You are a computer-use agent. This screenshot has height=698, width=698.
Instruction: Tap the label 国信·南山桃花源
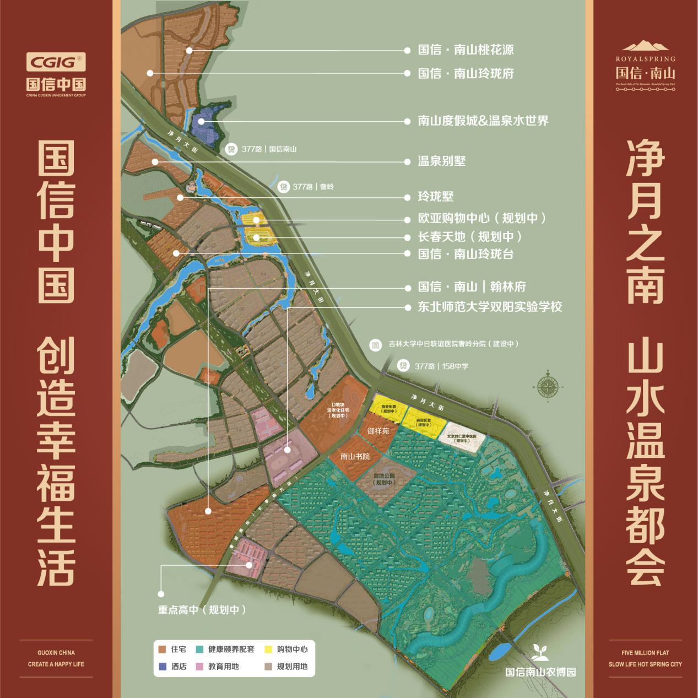pyautogui.click(x=466, y=50)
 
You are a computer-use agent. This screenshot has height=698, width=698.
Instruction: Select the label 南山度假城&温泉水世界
pyautogui.click(x=483, y=121)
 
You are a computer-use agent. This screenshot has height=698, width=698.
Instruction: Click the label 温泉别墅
pyautogui.click(x=442, y=161)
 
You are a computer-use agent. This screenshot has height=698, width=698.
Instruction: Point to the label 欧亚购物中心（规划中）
pyautogui.click(x=482, y=218)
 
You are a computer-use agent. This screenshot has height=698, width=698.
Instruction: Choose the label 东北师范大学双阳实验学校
pyautogui.click(x=490, y=307)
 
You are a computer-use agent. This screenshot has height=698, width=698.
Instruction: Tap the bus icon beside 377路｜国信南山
pyautogui.click(x=231, y=149)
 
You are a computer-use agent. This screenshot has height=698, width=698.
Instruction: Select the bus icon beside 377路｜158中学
pyautogui.click(x=404, y=366)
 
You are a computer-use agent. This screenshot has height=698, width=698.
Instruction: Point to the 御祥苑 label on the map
pyautogui.click(x=378, y=430)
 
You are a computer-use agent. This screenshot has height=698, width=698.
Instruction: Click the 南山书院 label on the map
pyautogui.click(x=355, y=457)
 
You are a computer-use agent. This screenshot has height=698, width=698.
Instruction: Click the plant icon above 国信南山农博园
pyautogui.click(x=539, y=652)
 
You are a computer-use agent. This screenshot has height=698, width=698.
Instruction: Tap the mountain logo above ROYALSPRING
pyautogui.click(x=646, y=46)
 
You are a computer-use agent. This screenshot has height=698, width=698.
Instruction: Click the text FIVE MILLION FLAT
pyautogui.click(x=645, y=653)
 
